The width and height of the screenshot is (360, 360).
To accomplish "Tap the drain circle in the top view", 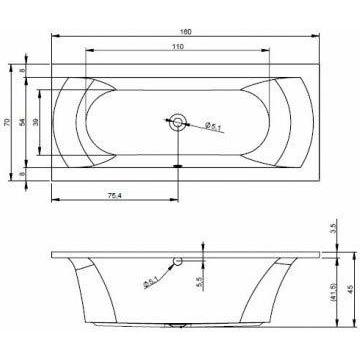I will tap(178, 122).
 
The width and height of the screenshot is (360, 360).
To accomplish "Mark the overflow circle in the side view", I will tap(176, 262).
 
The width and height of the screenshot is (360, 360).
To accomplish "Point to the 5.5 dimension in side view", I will tap(201, 282).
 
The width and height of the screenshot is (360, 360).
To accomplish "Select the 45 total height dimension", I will tap(349, 291).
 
